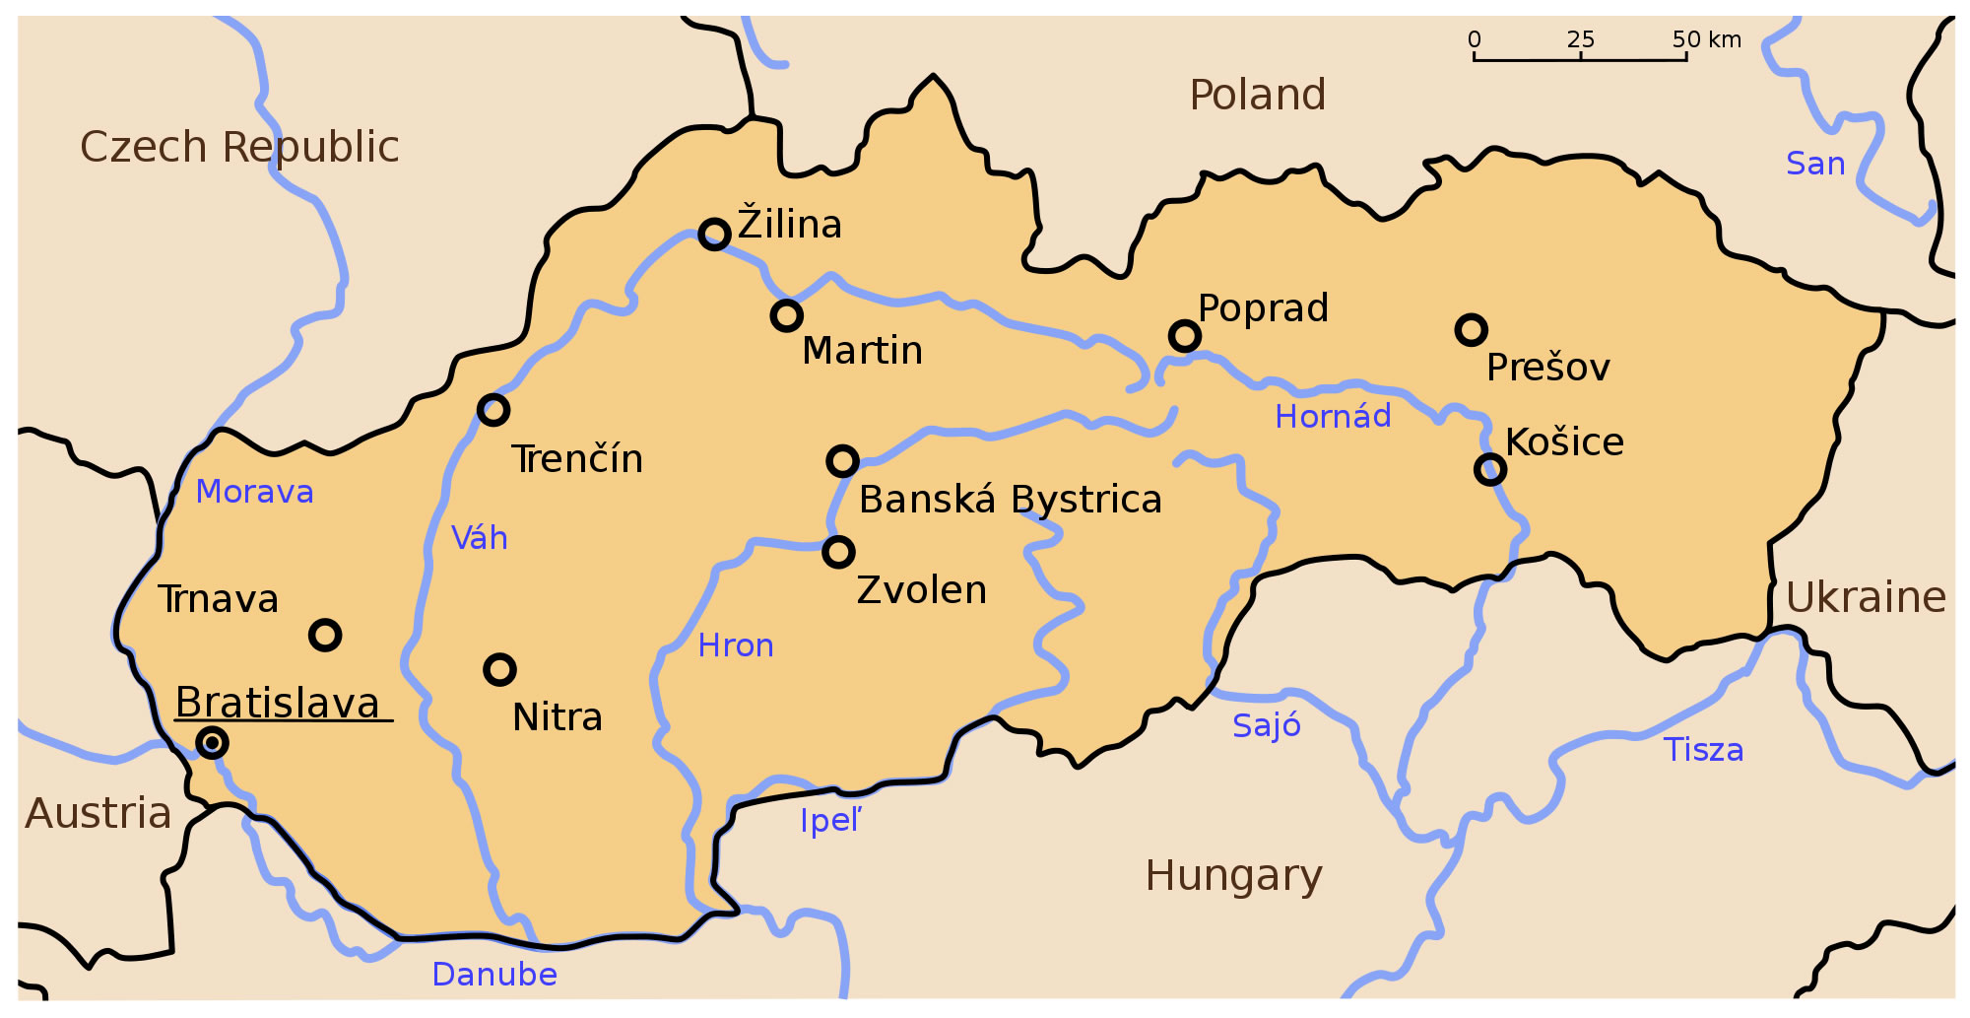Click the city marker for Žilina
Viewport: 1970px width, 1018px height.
714,235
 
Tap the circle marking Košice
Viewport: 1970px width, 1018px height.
1490,469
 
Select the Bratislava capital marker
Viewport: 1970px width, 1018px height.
212,742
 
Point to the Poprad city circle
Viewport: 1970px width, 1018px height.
1184,336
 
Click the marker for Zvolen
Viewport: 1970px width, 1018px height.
838,552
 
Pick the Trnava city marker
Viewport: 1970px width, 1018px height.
325,635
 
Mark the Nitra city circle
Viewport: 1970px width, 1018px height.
500,670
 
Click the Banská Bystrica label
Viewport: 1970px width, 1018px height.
1010,501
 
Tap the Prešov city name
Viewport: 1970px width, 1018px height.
1547,369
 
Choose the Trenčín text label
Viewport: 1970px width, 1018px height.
577,460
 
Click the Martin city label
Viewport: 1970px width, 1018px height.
862,352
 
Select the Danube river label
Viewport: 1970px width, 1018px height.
494,975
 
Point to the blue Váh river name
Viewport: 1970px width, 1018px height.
480,538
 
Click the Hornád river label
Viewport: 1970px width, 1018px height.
1333,417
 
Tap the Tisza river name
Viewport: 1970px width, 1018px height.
1703,750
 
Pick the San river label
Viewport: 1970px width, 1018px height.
1815,164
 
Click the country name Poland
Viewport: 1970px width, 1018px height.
1258,96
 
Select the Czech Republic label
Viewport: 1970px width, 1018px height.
239,148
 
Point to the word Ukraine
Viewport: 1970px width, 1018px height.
1866,598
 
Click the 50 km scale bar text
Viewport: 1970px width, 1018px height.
1706,39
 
